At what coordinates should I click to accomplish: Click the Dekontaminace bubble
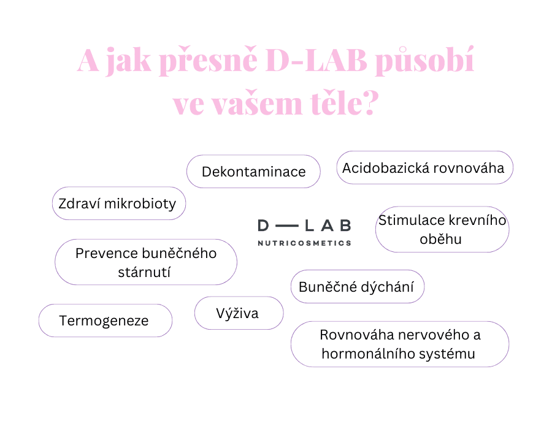pos(253,171)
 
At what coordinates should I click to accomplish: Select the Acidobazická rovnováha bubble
pos(424,167)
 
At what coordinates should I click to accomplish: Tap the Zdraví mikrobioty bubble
pos(119,203)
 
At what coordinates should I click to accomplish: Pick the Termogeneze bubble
pos(105,321)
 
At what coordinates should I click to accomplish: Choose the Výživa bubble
pos(239,313)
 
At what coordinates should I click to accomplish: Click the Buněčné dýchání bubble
pos(358,287)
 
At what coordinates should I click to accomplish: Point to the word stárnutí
pos(144,273)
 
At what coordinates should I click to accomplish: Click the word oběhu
pos(440,239)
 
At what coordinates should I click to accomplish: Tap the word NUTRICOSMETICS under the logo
pos(304,243)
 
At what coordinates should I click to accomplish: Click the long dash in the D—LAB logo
pos(286,226)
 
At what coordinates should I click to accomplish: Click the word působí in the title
pos(425,61)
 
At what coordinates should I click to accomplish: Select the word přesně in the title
pos(209,61)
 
